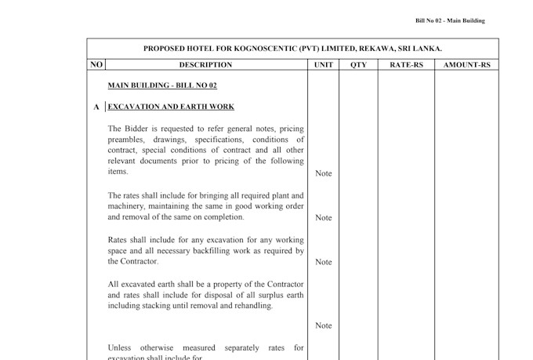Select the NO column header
(96, 64)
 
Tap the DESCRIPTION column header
(205, 65)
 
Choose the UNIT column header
(323, 65)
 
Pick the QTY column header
(358, 65)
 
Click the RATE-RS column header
(406, 65)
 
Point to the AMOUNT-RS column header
(466, 65)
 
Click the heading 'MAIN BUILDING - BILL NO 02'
(162, 85)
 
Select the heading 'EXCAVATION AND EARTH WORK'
(170, 107)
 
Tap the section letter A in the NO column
(96, 107)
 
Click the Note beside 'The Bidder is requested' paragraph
(323, 173)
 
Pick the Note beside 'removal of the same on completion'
(323, 218)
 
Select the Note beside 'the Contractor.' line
(323, 262)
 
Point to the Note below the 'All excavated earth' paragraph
(323, 325)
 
